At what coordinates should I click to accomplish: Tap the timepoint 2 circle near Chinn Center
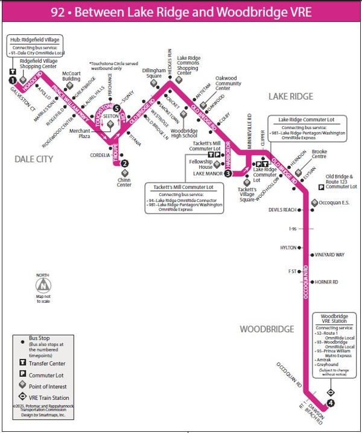124,163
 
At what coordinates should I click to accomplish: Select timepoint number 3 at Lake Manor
229,174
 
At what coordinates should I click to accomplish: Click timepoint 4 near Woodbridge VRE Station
330,403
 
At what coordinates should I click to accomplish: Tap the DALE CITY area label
34,159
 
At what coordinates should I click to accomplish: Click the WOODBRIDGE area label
267,329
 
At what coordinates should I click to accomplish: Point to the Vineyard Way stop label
331,255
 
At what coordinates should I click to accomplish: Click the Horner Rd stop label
326,282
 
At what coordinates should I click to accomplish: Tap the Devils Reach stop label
282,210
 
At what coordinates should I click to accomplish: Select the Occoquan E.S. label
338,203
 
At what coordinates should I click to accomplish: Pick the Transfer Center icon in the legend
22,363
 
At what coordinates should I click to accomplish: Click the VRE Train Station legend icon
22,397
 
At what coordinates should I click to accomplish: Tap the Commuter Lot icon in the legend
22,375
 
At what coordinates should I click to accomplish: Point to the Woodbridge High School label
183,133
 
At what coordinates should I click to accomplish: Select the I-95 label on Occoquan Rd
293,229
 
